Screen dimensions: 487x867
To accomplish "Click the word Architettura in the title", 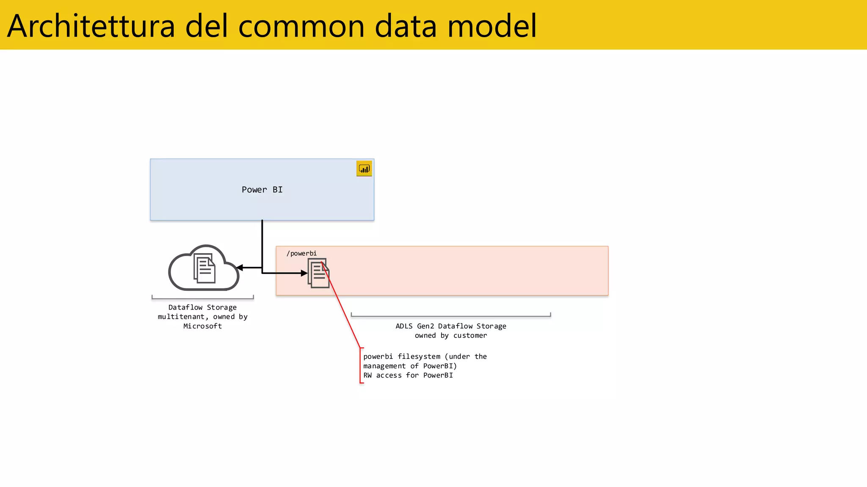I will pyautogui.click(x=91, y=26).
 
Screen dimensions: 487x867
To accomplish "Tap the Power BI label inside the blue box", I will pyautogui.click(x=262, y=190).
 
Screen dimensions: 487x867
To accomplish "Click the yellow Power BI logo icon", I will pyautogui.click(x=364, y=169).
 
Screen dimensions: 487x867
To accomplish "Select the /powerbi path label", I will pyautogui.click(x=301, y=253).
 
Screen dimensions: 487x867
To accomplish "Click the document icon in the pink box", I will pyautogui.click(x=318, y=274).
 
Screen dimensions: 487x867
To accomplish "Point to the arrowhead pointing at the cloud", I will pyautogui.click(x=240, y=268).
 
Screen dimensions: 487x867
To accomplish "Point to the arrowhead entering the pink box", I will pyautogui.click(x=304, y=274).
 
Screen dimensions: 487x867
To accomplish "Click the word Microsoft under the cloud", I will pyautogui.click(x=202, y=326).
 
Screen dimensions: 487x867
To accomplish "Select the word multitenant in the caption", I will pyautogui.click(x=181, y=317).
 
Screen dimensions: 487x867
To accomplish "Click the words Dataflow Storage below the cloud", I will pyautogui.click(x=202, y=307).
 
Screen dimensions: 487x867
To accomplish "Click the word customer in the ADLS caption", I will pyautogui.click(x=470, y=335).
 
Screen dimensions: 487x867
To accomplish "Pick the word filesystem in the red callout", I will pyautogui.click(x=419, y=356).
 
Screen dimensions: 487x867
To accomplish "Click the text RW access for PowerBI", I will pyautogui.click(x=408, y=375).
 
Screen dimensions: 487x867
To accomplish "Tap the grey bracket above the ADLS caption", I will pyautogui.click(x=451, y=315).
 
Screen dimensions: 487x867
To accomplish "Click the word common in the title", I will pyautogui.click(x=301, y=26).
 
